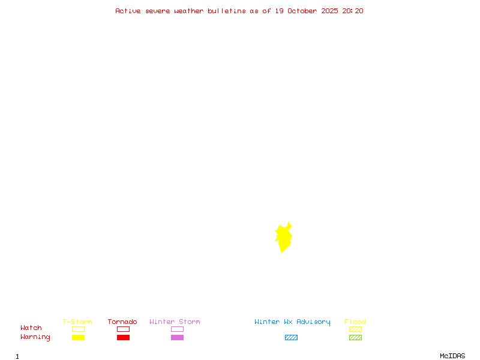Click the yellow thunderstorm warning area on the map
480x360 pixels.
tap(283, 238)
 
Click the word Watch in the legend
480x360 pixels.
tap(31, 328)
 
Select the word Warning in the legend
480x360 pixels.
tap(35, 337)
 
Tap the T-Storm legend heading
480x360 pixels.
tap(77, 322)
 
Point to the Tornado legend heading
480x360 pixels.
tap(122, 322)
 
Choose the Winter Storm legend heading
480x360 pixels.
tap(175, 322)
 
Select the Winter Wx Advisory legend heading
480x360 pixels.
tap(292, 322)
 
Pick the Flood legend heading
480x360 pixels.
tap(355, 322)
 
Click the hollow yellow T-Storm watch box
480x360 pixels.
tap(78, 329)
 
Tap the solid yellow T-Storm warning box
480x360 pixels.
tap(78, 337)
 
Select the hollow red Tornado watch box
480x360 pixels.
tap(123, 329)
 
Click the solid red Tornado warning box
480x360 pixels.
tap(123, 337)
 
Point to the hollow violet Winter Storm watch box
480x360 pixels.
tap(177, 329)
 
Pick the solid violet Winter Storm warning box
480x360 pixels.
tap(177, 337)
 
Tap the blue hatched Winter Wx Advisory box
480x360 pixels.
tap(291, 337)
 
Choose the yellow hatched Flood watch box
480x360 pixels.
tap(355, 329)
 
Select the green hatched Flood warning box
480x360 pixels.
tap(355, 337)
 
